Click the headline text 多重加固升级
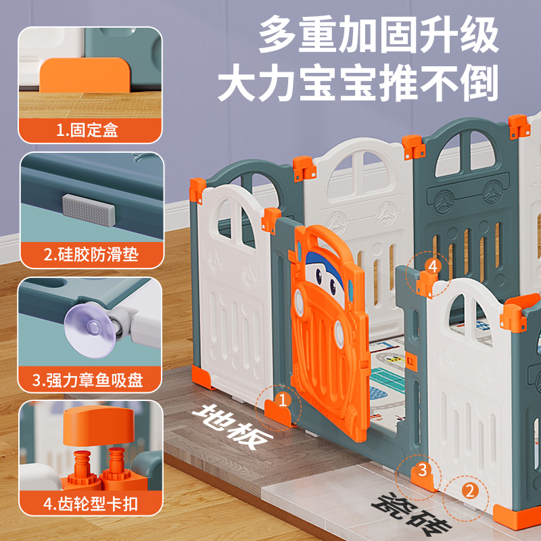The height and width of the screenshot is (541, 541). tap(379, 35)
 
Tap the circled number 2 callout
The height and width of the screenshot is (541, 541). tap(469, 488)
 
